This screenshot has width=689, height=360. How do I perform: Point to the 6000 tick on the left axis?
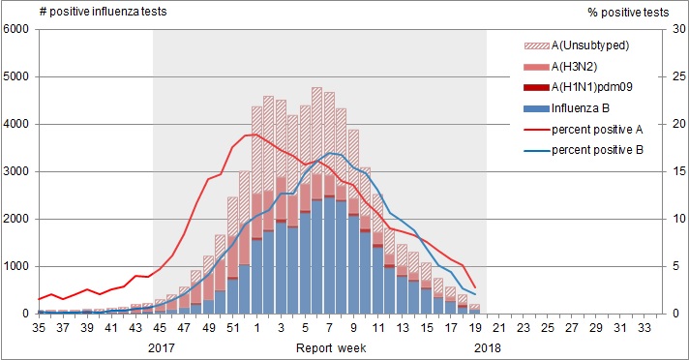tap(17, 29)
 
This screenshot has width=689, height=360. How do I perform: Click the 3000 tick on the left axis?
tap(17, 171)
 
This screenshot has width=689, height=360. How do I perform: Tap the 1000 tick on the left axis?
tap(17, 266)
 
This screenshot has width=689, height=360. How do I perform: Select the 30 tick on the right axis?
tap(667, 29)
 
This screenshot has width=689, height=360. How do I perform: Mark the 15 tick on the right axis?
tap(667, 171)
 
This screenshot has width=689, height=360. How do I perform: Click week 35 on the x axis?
tap(40, 328)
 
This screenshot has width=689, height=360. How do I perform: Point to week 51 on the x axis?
tap(233, 328)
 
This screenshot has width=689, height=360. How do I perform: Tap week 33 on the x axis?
tap(644, 328)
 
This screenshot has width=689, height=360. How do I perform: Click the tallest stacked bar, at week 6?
tap(316, 194)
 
